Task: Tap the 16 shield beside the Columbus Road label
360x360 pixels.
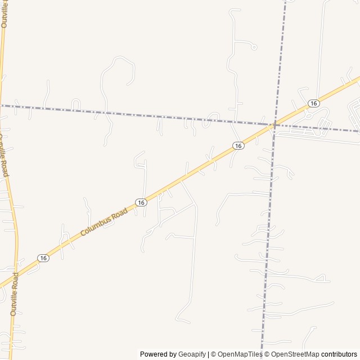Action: coord(141,202)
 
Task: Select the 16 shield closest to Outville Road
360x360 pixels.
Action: coord(43,258)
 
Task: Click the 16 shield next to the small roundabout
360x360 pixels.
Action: coord(313,103)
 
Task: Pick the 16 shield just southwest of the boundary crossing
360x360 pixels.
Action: coord(238,146)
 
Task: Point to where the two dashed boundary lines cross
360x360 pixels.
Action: coord(274,124)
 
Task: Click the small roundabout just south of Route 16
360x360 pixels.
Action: coord(308,115)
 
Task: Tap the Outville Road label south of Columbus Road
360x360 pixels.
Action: coord(13,294)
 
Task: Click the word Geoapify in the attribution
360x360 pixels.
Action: coord(192,354)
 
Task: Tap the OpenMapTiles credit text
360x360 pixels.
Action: coord(240,354)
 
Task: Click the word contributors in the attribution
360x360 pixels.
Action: coord(339,354)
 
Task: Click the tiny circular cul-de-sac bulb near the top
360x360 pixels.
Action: coord(254,47)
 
